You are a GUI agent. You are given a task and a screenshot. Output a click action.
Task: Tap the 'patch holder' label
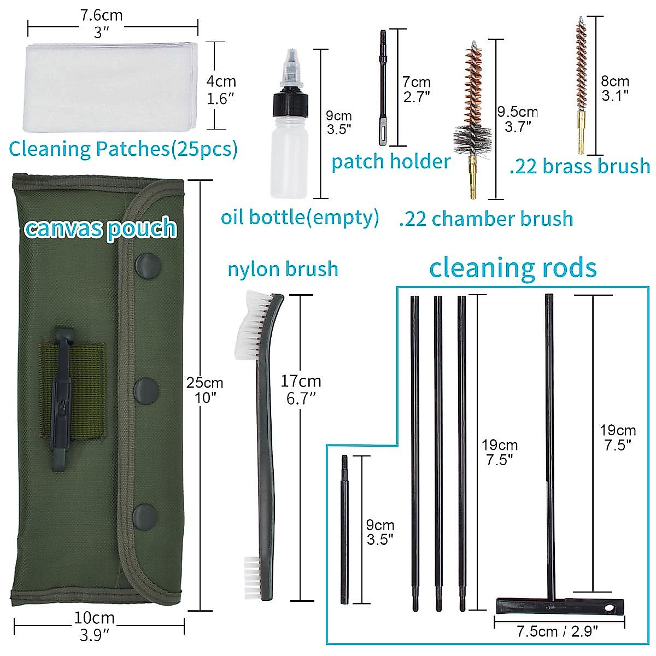coord(391,162)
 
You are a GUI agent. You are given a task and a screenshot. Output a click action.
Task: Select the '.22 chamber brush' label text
coord(486,219)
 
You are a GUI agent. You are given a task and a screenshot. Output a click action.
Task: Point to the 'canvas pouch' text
coord(101,228)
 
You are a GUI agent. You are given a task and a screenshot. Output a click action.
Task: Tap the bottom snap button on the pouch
coord(144,515)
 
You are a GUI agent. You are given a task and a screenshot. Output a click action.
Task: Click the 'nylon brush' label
coord(283,269)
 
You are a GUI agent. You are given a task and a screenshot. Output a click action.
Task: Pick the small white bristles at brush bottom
coord(252,572)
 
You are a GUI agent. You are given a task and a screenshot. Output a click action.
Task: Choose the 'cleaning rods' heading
coord(512,268)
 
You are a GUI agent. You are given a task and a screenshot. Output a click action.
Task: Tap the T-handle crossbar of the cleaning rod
coord(558,606)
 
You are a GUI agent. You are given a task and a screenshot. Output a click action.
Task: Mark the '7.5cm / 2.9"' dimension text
coord(557,632)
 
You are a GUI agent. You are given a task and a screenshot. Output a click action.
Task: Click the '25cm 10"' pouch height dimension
coord(205,390)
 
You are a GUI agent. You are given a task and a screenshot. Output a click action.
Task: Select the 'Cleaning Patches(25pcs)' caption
coord(123,149)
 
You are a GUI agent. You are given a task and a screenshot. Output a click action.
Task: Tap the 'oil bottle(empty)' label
coord(300,217)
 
